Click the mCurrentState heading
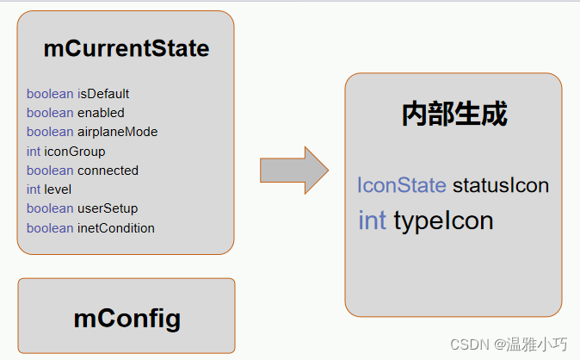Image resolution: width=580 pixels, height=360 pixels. click(126, 49)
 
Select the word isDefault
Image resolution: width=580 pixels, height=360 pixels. click(103, 94)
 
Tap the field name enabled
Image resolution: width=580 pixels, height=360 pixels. click(101, 113)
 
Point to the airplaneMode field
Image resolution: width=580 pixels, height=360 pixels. click(117, 132)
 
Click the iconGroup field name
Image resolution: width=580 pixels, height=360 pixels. click(75, 152)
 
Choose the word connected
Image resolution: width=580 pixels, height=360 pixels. click(108, 171)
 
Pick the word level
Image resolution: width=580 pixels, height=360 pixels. click(58, 189)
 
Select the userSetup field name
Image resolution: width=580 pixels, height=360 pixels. click(108, 208)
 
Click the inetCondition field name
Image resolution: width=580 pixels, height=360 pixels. click(116, 228)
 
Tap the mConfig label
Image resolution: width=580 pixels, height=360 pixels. click(127, 319)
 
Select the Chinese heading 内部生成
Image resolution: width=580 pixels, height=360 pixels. click(454, 114)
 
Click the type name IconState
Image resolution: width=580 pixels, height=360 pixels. click(401, 185)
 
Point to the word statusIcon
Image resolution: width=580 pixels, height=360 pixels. click(500, 185)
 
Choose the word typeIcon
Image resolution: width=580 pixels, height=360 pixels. click(443, 221)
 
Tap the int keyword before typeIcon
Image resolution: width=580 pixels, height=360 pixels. click(372, 221)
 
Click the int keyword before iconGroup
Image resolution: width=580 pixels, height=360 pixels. click(34, 152)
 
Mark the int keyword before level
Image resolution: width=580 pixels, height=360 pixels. click(34, 189)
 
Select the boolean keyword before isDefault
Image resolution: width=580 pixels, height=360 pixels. click(50, 94)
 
